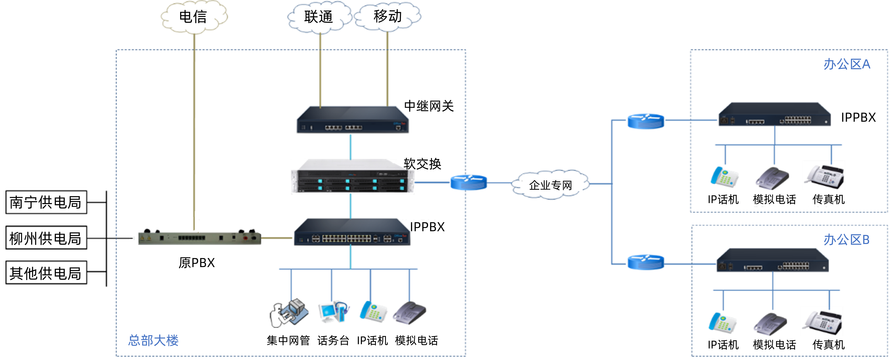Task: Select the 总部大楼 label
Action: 153,340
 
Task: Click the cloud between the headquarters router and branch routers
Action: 550,184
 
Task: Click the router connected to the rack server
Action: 469,182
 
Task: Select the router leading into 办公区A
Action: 646,121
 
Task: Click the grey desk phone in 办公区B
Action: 770,324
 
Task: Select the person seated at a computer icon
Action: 289,313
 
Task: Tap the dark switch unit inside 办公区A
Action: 774,115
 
